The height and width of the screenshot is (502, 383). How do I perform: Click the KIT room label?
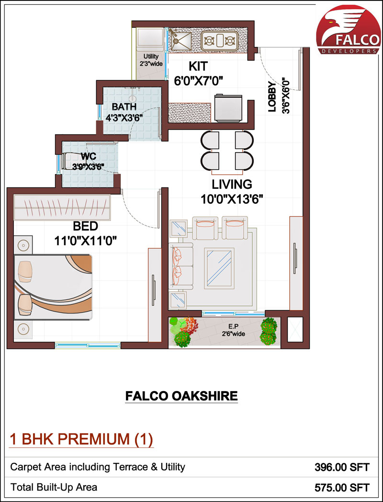click(198, 65)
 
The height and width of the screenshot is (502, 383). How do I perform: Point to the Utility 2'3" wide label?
click(149, 60)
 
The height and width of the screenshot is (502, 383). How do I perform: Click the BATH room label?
click(124, 107)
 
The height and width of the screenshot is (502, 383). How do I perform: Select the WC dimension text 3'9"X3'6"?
click(88, 166)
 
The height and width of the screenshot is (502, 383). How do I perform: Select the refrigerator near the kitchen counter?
click(228, 109)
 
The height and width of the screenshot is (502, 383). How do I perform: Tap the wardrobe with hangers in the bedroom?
click(62, 207)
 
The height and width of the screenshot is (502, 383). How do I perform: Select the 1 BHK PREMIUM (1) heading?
click(81, 439)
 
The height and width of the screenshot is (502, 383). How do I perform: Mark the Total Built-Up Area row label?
click(54, 487)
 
